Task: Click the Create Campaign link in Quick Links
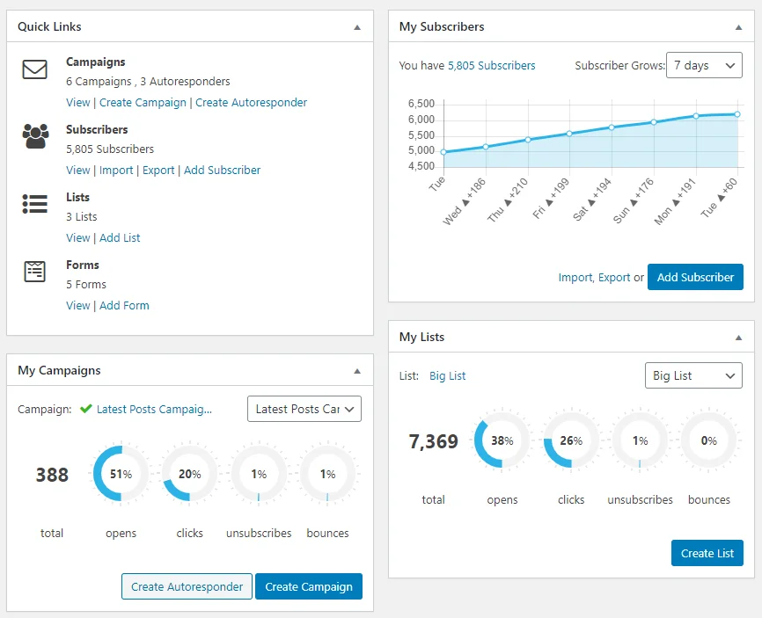point(143,103)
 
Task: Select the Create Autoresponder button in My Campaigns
point(187,586)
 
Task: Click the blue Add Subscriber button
point(695,277)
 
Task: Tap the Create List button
point(707,553)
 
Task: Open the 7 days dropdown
point(704,65)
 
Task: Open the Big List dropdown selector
point(693,375)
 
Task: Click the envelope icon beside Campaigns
point(35,69)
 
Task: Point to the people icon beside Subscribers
point(35,136)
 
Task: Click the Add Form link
point(124,305)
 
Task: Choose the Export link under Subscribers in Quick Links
point(158,170)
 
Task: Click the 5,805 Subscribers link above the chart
point(491,65)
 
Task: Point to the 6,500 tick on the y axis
point(421,104)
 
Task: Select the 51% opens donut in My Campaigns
point(121,474)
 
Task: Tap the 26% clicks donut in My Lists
point(571,440)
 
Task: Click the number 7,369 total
point(433,441)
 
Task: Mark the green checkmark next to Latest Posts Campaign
point(85,409)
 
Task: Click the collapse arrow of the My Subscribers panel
point(738,27)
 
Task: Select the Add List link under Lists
point(120,237)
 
